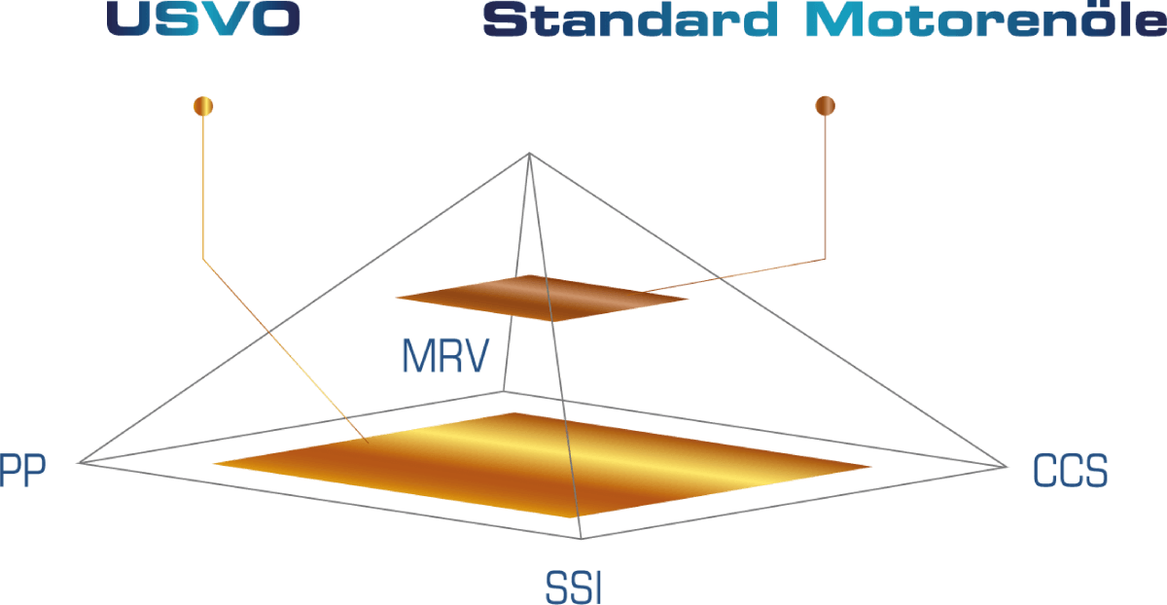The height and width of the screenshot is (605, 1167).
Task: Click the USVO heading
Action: pos(203,19)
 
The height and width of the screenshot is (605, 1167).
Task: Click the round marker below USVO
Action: pos(203,104)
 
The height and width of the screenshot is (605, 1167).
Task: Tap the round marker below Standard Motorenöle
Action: pos(826,105)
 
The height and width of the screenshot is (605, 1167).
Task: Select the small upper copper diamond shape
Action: pos(542,298)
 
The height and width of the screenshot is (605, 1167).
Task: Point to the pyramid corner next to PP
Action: pos(80,462)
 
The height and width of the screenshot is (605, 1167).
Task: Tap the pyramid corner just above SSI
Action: pos(582,538)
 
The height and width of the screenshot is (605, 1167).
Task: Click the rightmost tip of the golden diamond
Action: pos(872,467)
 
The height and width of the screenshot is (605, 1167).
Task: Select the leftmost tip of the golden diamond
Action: pos(212,463)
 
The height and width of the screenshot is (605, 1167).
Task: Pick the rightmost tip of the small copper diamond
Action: pos(690,299)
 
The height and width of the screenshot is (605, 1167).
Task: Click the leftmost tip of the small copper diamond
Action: pos(396,297)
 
